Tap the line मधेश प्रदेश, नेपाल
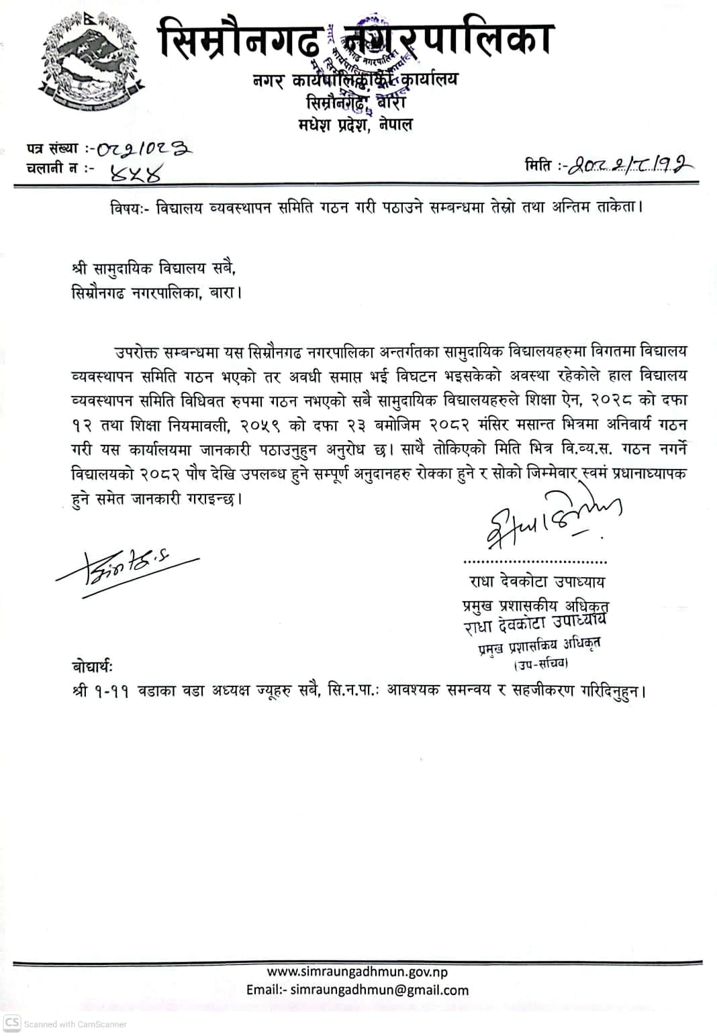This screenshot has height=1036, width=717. click(x=356, y=124)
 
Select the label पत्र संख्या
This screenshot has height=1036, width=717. click(x=53, y=148)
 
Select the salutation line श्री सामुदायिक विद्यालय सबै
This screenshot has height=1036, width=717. click(x=154, y=268)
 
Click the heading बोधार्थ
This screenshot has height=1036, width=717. click(x=93, y=667)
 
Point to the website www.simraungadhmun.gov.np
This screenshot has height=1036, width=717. click(x=357, y=971)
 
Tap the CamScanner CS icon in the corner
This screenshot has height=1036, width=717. click(x=12, y=1023)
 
